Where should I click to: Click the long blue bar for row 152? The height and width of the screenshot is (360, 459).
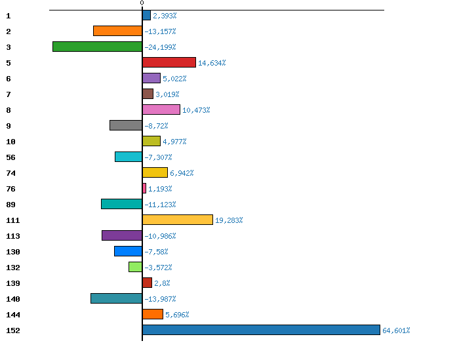click(x=261, y=330)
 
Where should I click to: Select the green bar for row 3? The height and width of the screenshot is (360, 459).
click(x=97, y=47)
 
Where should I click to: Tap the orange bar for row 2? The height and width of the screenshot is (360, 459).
click(x=117, y=31)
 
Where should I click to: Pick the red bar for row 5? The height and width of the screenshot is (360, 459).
click(x=169, y=62)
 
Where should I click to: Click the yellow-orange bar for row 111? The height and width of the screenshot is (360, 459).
click(x=177, y=220)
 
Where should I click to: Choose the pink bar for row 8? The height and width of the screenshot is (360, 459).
click(x=161, y=110)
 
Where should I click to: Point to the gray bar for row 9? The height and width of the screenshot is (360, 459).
click(x=126, y=125)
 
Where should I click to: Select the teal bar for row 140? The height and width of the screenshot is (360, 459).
click(x=116, y=298)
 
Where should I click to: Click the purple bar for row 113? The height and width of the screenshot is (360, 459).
click(x=122, y=235)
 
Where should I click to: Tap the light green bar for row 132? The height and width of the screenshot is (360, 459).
click(x=135, y=267)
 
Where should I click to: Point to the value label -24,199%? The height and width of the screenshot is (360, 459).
click(x=160, y=47)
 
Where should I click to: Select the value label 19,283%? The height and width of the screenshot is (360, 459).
click(x=229, y=220)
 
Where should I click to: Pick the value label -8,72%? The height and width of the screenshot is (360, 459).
click(x=156, y=126)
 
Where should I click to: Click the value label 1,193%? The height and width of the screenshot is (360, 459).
click(x=160, y=189)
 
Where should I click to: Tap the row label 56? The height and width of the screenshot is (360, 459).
click(x=10, y=157)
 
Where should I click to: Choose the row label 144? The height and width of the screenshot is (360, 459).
click(x=12, y=315)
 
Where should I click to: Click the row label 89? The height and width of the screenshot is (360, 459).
click(x=10, y=205)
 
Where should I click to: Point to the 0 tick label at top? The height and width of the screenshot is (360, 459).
click(x=142, y=3)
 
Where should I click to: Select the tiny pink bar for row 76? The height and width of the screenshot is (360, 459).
click(x=144, y=188)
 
